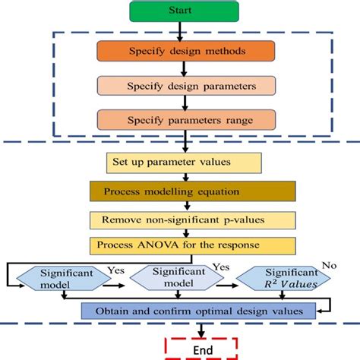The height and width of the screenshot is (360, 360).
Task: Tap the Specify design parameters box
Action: coord(179,85)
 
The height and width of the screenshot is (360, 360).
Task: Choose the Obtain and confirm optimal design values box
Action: coord(199,310)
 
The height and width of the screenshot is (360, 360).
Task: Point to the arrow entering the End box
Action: coord(202,333)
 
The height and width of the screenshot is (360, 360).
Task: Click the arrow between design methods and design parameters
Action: coord(179,68)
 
